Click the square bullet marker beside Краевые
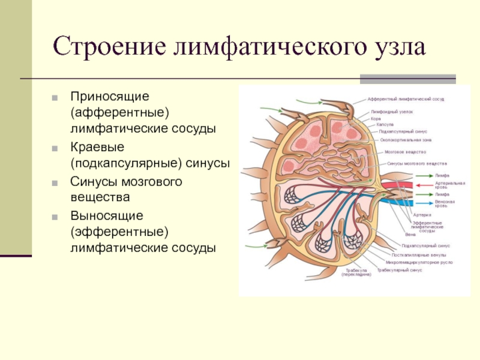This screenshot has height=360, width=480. (55, 147)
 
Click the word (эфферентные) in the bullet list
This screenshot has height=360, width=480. (119, 230)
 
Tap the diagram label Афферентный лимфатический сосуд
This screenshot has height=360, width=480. (406, 98)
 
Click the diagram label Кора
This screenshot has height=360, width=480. (375, 118)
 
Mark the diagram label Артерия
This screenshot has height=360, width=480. (422, 214)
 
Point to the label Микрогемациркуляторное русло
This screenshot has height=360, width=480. (419, 262)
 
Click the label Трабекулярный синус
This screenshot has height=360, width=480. (399, 270)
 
